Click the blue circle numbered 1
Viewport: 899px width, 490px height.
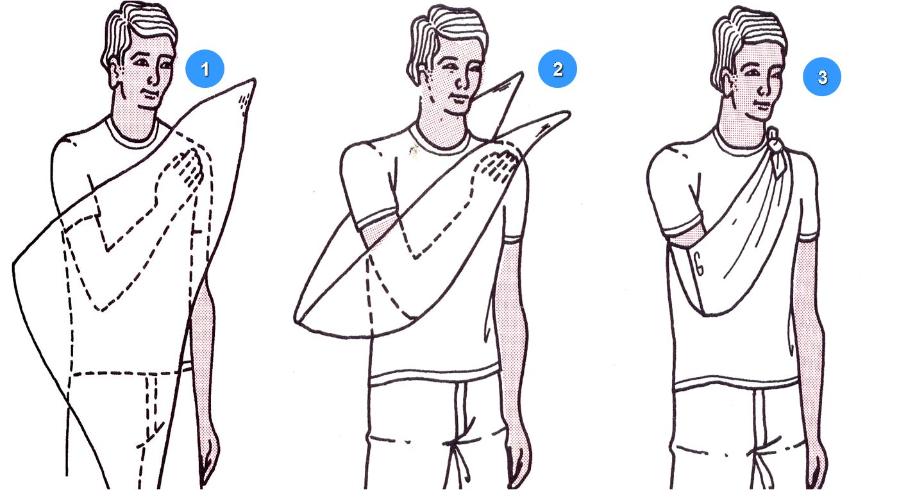click(x=205, y=69)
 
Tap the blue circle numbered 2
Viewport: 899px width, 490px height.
click(x=557, y=69)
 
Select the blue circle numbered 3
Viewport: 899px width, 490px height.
click(x=822, y=77)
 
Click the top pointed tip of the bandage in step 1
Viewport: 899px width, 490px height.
click(x=255, y=80)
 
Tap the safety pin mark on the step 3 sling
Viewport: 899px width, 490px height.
click(x=699, y=264)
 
